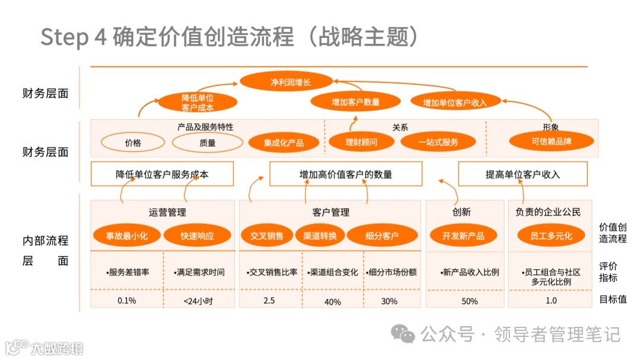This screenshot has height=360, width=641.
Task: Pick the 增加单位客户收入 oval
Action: pos(455,102)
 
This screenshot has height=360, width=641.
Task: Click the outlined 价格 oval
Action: pos(133,142)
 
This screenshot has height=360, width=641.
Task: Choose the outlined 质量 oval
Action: pos(207,142)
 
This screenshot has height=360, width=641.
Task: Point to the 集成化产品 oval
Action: pos(283,142)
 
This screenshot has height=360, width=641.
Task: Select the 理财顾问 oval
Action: pos(361,142)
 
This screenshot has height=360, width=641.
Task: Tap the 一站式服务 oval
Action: pos(437,142)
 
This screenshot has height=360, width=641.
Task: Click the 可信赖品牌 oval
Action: pos(551,142)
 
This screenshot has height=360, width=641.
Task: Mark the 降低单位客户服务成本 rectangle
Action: pos(162,174)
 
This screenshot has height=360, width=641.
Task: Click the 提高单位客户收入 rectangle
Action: pos(522,174)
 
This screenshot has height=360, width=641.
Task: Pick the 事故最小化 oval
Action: pos(126,235)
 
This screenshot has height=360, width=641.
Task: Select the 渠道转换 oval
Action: pos(319,235)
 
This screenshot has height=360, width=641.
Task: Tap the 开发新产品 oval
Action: pos(463,235)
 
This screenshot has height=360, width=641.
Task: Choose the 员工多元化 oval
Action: pos(551,235)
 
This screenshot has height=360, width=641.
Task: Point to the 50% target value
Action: pos(469,301)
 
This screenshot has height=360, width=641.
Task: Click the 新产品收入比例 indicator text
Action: pos(469,273)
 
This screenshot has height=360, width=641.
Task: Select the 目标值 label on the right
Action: pos(613,300)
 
